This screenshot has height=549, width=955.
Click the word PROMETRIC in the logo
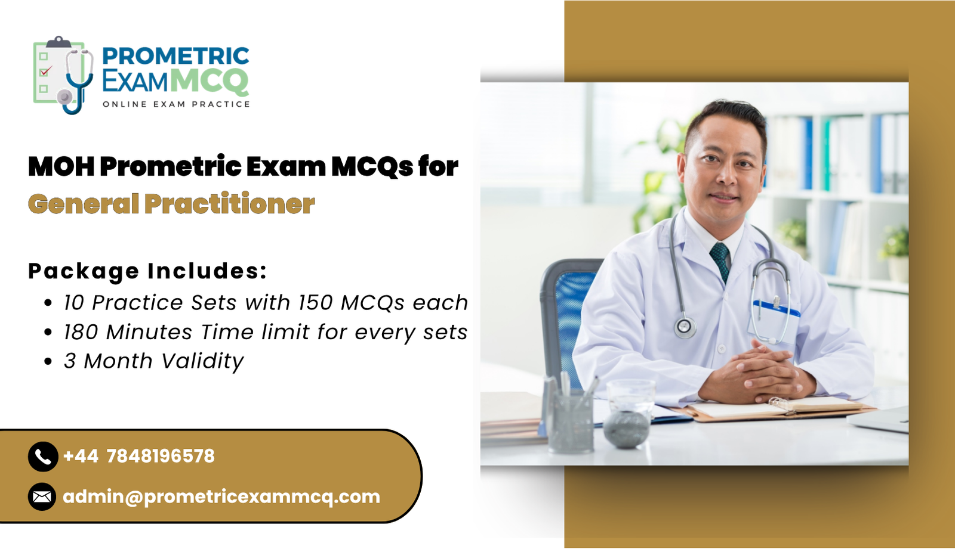pos(175,56)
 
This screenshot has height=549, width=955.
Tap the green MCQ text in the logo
pos(209,81)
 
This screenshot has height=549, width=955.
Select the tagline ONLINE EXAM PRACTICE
pos(176,104)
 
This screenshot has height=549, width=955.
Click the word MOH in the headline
pos(61,166)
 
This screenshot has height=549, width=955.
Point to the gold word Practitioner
pos(229,204)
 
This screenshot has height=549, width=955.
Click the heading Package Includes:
pos(147,271)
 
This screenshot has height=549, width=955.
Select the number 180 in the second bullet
pos(81,332)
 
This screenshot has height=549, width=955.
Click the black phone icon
pos(42,457)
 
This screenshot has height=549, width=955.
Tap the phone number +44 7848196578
pos(138,457)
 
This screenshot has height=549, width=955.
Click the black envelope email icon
pos(42,497)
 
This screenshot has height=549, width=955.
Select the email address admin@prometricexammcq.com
pos(221,497)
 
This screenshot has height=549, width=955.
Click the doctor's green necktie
pos(720,260)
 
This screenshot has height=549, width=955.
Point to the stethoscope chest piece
pos(684,326)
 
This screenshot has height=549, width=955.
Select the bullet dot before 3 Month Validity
pos(48,362)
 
